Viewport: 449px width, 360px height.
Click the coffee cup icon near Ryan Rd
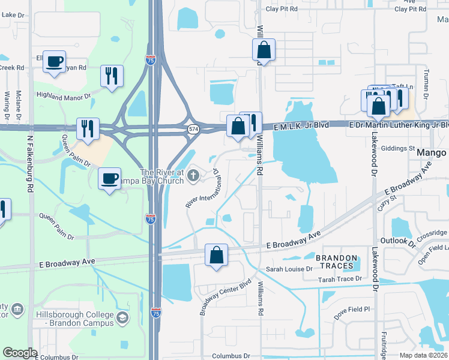point(55,61)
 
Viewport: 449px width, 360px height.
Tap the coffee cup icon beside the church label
point(109,179)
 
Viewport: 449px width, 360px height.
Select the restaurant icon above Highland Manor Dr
point(112,76)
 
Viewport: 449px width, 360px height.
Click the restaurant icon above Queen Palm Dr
point(88,129)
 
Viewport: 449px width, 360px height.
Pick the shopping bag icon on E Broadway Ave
point(216,254)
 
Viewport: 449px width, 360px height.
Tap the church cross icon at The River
point(193,175)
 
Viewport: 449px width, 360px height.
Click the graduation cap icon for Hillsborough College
point(122,317)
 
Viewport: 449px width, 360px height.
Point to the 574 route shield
point(193,129)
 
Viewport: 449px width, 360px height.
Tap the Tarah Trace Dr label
point(340,278)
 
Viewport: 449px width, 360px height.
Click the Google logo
point(20,353)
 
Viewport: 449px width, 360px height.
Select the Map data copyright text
point(423,355)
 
